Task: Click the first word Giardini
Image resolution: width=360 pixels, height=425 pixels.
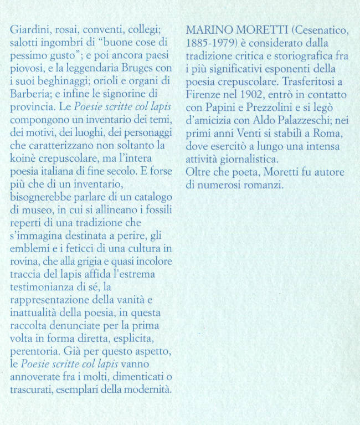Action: point(28,30)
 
